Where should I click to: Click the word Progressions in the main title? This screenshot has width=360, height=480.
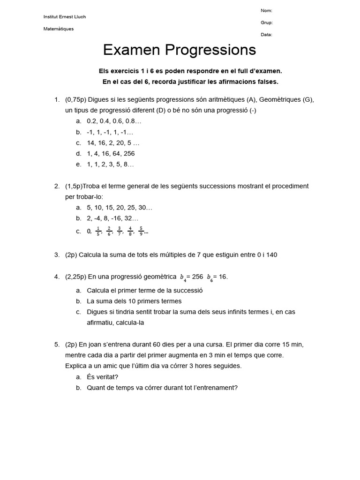(210, 50)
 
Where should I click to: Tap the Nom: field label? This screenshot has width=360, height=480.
(266, 11)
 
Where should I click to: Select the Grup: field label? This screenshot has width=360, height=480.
(267, 22)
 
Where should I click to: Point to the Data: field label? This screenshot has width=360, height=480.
(266, 35)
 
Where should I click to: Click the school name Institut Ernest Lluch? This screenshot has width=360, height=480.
(65, 17)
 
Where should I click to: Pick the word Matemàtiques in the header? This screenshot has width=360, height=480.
(59, 29)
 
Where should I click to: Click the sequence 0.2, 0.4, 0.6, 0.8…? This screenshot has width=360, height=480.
(114, 121)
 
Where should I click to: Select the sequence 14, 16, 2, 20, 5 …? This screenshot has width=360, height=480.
(113, 143)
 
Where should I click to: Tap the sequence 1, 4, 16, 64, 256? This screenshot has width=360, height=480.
(111, 154)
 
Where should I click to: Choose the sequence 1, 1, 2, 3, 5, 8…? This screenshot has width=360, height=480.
(110, 165)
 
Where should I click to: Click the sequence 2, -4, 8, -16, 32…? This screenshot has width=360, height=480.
(112, 218)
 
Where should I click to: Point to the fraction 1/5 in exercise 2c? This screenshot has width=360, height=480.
(98, 231)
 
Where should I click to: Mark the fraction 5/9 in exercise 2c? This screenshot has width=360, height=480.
(141, 231)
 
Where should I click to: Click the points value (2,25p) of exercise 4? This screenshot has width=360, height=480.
(75, 277)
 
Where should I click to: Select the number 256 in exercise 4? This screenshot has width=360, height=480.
(197, 277)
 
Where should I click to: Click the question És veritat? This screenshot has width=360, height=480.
(103, 377)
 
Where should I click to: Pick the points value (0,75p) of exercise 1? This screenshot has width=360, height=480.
(75, 100)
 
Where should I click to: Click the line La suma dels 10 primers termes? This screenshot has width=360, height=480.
(134, 301)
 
